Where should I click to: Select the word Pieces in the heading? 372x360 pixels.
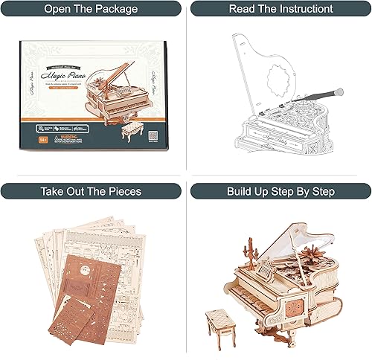click(124, 190)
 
